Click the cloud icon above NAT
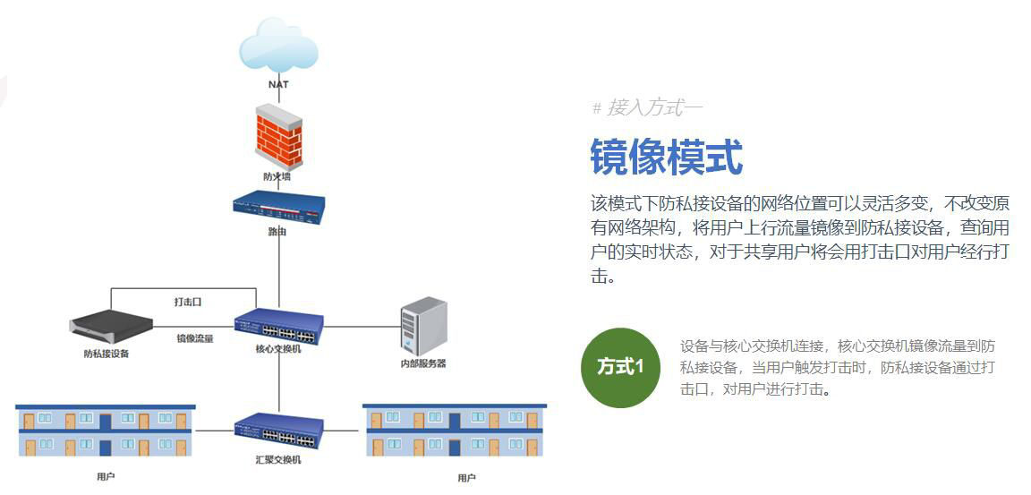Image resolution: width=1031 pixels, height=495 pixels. tap(278, 45)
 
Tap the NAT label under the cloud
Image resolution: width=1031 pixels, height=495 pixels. tap(278, 84)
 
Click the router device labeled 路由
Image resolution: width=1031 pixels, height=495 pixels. tap(278, 207)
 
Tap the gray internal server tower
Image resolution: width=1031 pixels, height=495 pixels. tap(423, 326)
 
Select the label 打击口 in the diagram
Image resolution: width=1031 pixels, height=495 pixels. tap(188, 302)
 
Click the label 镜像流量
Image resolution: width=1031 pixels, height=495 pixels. tap(194, 338)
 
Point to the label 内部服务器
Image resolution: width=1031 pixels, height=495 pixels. tap(423, 363)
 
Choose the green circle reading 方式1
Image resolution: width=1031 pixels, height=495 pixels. tap(620, 367)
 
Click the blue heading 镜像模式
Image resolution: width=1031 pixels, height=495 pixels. tap(666, 157)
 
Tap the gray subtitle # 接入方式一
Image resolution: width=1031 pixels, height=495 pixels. tap(647, 108)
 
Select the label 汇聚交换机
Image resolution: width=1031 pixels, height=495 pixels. tap(277, 459)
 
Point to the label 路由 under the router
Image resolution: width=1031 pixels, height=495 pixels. tap(277, 232)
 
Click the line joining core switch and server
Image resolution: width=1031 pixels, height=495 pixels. tap(362, 327)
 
